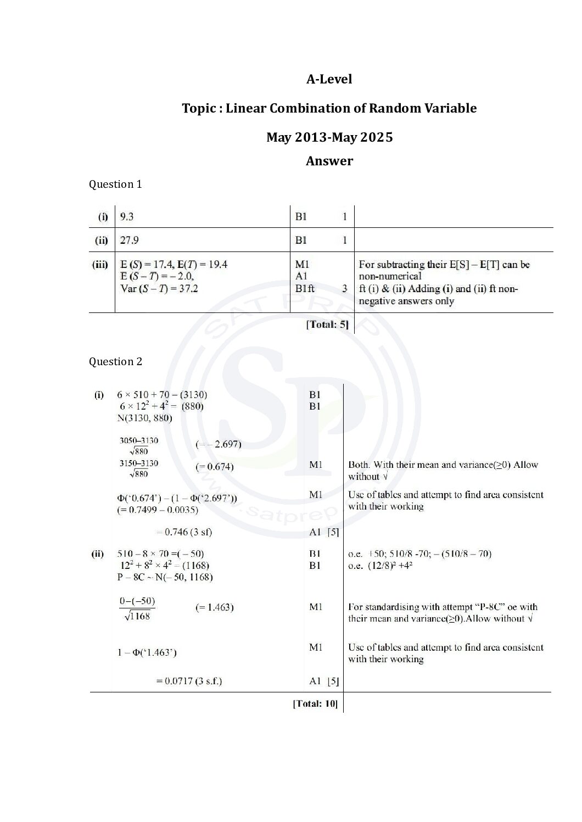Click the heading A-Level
click(x=329, y=79)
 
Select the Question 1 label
click(x=115, y=184)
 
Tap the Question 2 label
click(x=115, y=362)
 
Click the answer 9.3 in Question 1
click(x=127, y=217)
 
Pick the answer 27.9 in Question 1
click(x=130, y=241)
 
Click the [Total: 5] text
click(x=327, y=325)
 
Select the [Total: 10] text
click(x=315, y=703)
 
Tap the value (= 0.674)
click(x=215, y=467)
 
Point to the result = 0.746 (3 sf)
click(x=184, y=532)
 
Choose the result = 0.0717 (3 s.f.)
click(x=189, y=681)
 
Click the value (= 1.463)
click(x=215, y=607)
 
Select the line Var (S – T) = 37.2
click(x=159, y=288)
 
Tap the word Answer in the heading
click(x=329, y=161)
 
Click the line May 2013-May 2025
click(x=329, y=137)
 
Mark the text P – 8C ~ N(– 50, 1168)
click(x=165, y=577)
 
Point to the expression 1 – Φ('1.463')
click(x=147, y=652)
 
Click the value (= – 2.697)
click(x=219, y=444)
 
